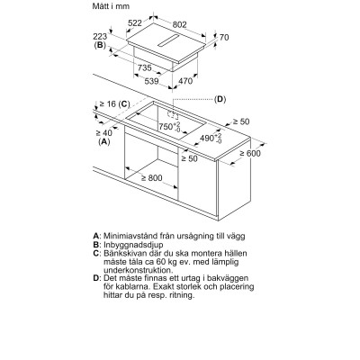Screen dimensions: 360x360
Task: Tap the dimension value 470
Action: [x=211, y=81]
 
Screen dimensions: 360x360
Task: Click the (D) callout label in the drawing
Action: [x=220, y=98]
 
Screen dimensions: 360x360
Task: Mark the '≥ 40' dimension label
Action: [x=103, y=133]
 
